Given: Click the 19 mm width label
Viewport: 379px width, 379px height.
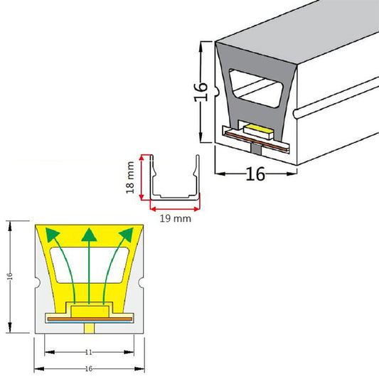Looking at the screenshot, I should coord(174,219).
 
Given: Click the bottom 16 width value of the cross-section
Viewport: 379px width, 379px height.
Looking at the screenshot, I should coord(89,370).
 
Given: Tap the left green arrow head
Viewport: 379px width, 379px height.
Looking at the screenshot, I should coord(50,234).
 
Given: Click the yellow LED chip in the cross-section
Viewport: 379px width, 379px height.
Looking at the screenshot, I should coord(89,309).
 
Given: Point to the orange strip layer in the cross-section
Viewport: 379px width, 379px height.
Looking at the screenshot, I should coord(89,320).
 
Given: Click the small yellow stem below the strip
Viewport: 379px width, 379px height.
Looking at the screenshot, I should coord(89,327).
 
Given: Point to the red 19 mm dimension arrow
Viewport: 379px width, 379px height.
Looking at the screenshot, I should coord(175,209).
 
